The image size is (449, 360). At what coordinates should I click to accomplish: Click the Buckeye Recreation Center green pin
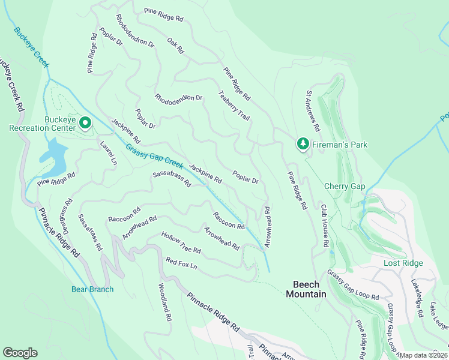coord(85,124)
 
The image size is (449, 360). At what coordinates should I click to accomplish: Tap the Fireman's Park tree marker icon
coord(302,144)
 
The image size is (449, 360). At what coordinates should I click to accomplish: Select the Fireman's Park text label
coord(339,145)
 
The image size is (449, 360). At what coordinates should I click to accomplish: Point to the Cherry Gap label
coord(345,186)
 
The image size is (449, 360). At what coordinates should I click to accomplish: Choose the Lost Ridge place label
coord(403,263)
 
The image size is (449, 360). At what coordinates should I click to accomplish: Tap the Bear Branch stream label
coord(92,289)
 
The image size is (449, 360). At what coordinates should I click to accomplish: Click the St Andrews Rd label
coord(313,112)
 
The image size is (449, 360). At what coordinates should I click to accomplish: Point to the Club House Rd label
coord(324,226)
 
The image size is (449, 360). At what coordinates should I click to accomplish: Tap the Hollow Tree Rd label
coord(181,242)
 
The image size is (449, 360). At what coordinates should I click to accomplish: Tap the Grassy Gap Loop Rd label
coord(353,285)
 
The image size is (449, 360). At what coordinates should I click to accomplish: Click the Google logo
coord(20,353)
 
